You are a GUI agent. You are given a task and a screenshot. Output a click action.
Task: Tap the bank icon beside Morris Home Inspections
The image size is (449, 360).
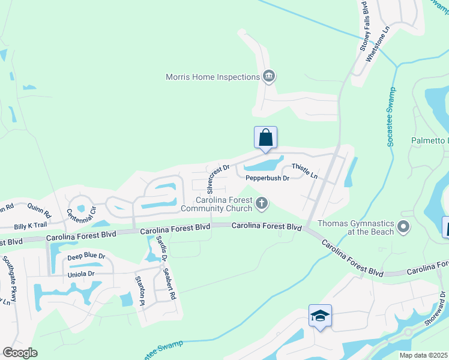[268, 76]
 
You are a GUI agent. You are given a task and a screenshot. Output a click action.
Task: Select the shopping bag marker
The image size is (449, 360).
[265, 138]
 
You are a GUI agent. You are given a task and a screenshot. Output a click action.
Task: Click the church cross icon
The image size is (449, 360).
[261, 204]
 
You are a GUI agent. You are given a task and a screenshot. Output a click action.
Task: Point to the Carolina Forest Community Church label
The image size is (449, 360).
[225, 204]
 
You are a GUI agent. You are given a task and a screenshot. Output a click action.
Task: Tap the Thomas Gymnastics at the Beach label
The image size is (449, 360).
[355, 227]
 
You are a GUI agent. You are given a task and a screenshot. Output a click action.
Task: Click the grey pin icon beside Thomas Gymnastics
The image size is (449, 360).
[403, 227]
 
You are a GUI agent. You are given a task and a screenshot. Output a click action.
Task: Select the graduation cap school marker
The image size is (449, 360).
[320, 315]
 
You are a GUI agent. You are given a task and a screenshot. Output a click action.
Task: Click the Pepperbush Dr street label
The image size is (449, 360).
[267, 178]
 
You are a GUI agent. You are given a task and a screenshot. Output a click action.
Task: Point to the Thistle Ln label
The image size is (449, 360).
[304, 170]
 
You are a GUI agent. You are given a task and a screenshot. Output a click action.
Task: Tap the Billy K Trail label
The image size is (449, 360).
[31, 226]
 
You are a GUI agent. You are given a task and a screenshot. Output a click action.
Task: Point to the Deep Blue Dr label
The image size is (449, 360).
[86, 256]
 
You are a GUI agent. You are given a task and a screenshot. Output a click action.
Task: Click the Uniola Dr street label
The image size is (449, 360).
[81, 274]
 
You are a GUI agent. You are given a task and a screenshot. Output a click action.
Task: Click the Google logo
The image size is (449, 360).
[20, 352]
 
